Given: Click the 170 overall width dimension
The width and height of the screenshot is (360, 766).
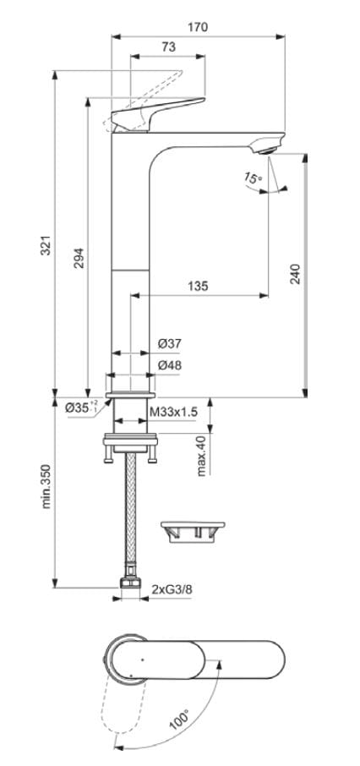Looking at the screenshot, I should click(199, 27).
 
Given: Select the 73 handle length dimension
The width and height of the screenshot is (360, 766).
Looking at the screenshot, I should click(167, 49).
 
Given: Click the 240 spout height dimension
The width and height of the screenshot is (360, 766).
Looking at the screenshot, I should click(295, 274).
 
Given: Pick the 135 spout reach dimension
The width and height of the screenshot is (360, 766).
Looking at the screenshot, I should click(197, 286).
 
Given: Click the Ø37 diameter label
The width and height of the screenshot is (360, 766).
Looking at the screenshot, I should click(170, 343).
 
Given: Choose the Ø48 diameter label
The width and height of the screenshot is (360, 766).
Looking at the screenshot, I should click(170, 365).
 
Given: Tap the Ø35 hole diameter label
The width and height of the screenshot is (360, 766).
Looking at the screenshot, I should click(81, 408).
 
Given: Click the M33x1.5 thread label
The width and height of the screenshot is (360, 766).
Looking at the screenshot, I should click(173, 411).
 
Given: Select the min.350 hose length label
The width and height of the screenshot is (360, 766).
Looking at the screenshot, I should click(47, 486).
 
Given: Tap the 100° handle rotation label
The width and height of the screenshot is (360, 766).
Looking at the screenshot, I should click(178, 721).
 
